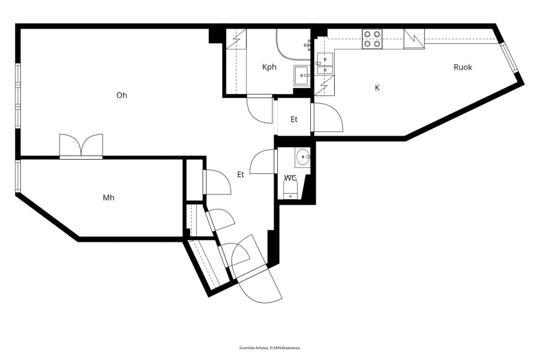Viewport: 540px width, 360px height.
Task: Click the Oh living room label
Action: tap(122, 95)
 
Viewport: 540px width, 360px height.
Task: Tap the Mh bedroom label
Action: tap(109, 198)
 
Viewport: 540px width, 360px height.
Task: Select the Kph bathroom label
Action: tap(269, 67)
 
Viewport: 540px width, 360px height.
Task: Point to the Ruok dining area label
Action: tap(463, 67)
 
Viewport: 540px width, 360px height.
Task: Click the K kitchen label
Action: tap(377, 88)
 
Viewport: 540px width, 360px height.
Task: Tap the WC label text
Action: tap(290, 178)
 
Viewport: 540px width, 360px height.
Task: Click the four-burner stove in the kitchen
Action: tap(372, 39)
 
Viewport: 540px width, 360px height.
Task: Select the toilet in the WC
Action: tap(290, 191)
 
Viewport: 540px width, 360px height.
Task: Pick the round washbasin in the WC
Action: tap(303, 157)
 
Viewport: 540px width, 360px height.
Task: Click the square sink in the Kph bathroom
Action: tap(302, 75)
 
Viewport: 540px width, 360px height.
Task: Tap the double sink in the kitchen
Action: tap(325, 64)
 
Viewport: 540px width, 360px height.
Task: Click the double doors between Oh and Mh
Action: tap(81, 146)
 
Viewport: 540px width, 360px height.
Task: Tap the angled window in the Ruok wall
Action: tap(509, 58)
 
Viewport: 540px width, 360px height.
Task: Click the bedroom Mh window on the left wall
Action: tap(18, 176)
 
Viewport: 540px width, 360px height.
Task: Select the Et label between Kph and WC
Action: tap(294, 119)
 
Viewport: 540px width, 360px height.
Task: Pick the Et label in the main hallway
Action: tap(241, 175)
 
